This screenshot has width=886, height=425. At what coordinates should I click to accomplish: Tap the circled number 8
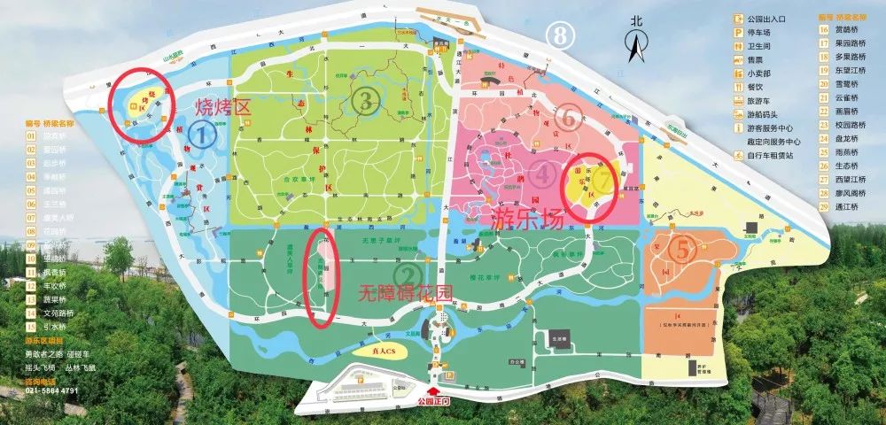[x=560, y=35]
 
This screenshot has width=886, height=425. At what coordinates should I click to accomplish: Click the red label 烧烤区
[x=223, y=108]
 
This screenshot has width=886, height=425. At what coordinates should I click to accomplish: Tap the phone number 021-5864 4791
[x=52, y=390]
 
